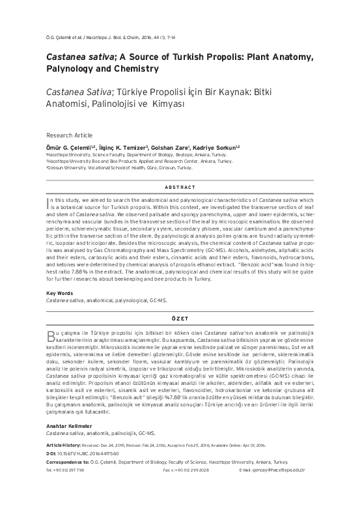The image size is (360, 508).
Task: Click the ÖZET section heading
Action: point(180,318)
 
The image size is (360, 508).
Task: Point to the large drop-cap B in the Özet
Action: point(51,336)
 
